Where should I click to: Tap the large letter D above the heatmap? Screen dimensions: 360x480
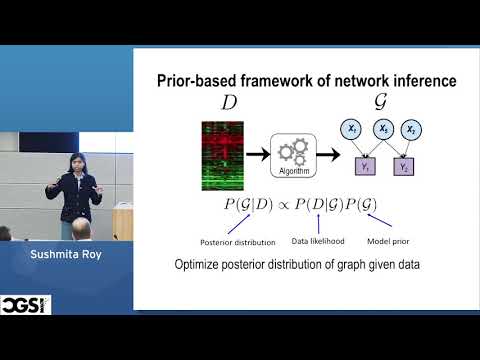229,105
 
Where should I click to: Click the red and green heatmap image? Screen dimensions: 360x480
222,154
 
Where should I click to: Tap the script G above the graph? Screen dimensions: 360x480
381,103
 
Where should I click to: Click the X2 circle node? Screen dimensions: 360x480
411,129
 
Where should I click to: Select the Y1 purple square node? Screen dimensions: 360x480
366,168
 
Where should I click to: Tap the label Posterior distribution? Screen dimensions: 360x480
212,242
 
